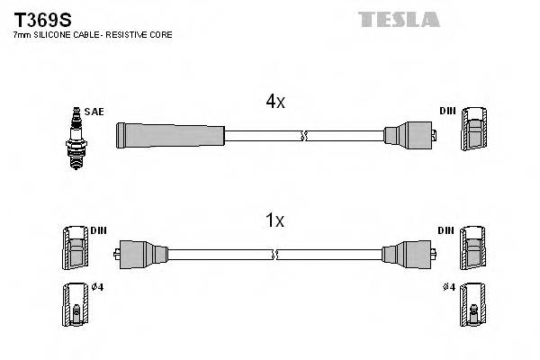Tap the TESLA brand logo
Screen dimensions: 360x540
tap(398, 19)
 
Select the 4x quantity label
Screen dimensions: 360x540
tap(275, 103)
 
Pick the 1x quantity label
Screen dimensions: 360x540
tap(275, 220)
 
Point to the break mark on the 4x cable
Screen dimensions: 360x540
tap(304, 136)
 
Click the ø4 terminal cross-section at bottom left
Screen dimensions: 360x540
tap(75, 305)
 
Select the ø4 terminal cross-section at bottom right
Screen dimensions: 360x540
tap(472, 305)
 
